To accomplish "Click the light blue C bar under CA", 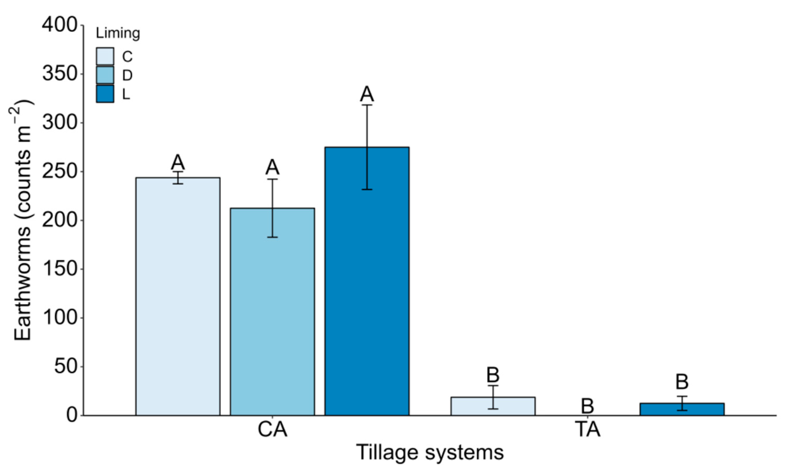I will (x=178, y=297).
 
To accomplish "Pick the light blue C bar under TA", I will (x=493, y=406).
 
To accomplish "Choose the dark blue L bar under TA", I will (x=682, y=409).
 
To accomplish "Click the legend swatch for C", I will (x=105, y=56).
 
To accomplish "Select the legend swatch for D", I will (x=105, y=75).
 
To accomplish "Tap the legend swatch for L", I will (x=105, y=94).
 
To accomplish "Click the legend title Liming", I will (x=118, y=33).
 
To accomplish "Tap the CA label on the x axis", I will (x=272, y=430).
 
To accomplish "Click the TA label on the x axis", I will (x=588, y=430).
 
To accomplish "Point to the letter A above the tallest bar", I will (x=367, y=94).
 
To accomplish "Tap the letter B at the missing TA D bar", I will (x=587, y=406).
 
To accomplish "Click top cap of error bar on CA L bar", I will (x=367, y=105).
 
